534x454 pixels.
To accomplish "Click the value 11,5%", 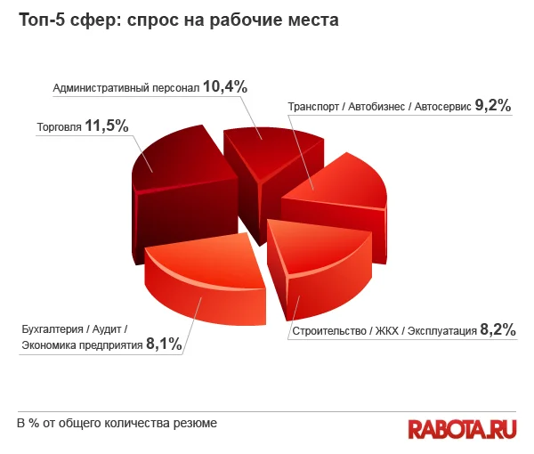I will point(107,126).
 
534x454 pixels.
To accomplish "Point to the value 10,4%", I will point(224,86).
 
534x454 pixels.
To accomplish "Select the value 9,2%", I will point(492,105).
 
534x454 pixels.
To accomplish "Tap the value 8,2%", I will point(498,329).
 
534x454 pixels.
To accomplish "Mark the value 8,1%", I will point(164,343).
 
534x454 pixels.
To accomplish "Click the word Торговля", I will point(59,127).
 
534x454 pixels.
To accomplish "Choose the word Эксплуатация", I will point(440,331).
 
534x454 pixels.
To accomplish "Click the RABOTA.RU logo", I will point(462,428).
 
